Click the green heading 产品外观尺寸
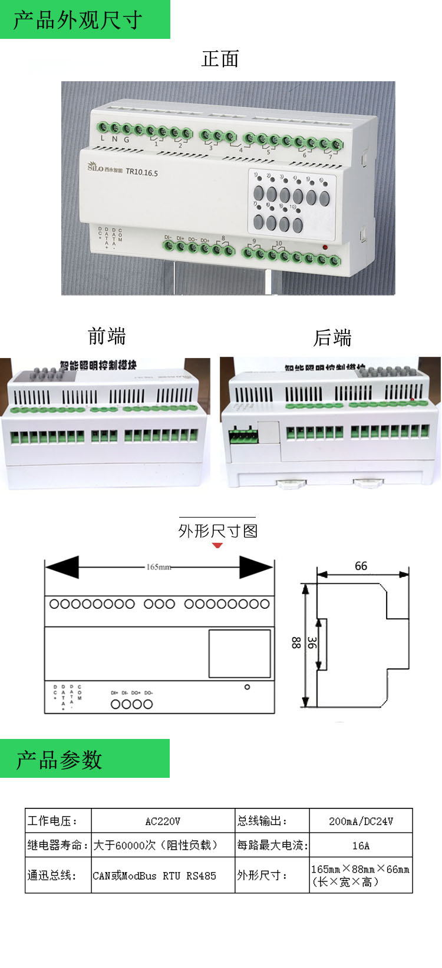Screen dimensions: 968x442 pos(78,20)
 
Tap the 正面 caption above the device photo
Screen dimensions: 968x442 pos(220,59)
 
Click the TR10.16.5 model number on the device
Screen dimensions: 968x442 pos(141,173)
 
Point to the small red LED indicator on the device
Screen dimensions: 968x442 pos(325,247)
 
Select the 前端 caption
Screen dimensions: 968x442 pos(107,337)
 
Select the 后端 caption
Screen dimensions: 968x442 pos(332,338)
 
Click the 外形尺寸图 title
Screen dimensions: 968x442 pos(218,531)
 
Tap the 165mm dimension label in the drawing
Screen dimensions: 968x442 pos(159,567)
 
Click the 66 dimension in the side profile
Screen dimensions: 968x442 pos(361,566)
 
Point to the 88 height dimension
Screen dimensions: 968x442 pos(296,643)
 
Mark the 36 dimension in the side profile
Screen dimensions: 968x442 pos(312,643)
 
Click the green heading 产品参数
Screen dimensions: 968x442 pos(59,760)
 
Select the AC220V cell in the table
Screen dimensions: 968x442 pos(163,821)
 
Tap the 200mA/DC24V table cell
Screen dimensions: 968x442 pos(361,821)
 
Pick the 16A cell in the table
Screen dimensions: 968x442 pos(361,846)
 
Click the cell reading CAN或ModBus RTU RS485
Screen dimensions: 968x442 pos(154,876)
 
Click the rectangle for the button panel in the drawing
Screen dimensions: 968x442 pos(239,654)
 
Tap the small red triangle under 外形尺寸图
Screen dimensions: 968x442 pos(217,545)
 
